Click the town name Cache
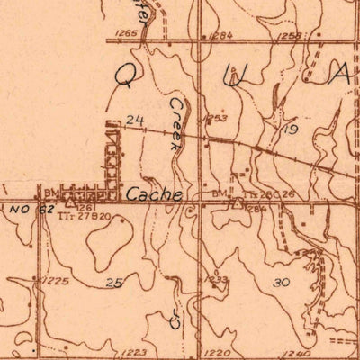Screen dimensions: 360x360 (155, 194)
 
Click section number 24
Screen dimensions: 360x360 (136, 119)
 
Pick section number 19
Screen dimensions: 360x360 (290, 130)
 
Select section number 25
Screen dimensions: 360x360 (113, 283)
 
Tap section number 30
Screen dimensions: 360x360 (281, 282)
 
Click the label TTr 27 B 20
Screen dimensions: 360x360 (86, 216)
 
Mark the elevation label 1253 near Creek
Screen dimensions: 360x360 (216, 118)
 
